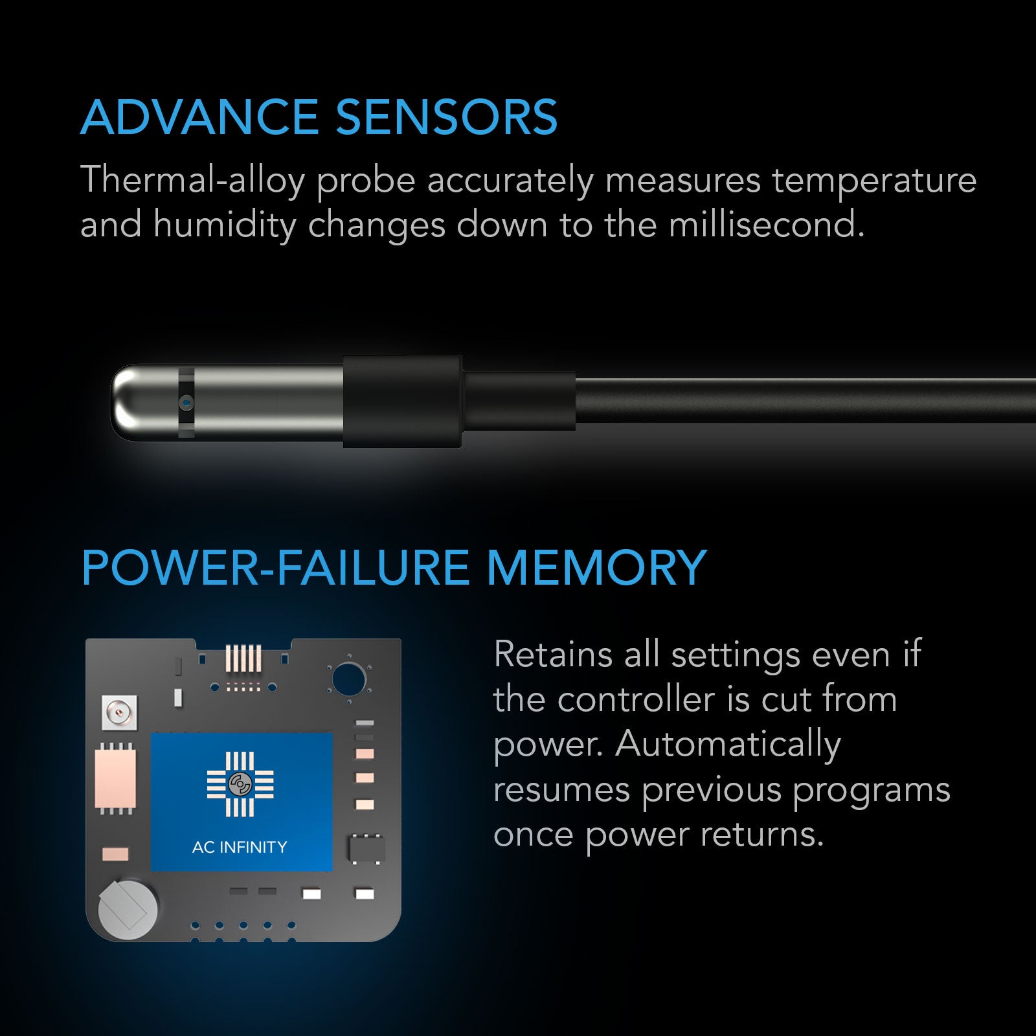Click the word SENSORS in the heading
[446, 118]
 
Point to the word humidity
[225, 225]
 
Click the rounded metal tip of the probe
[129, 403]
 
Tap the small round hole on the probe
[187, 403]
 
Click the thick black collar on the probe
[402, 401]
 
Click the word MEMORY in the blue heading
[596, 568]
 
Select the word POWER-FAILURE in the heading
[275, 568]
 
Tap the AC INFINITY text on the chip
[240, 847]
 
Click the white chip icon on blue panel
[240, 784]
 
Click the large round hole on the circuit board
[349, 679]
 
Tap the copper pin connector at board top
[243, 658]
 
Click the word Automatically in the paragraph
[728, 745]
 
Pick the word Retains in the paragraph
[553, 655]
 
